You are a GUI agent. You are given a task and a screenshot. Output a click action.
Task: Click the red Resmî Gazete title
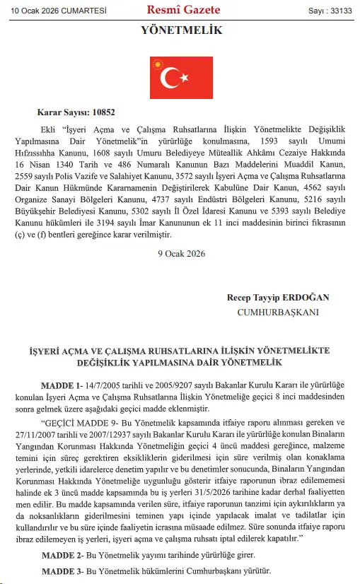183,10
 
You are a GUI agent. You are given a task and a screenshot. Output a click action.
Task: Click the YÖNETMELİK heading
182,30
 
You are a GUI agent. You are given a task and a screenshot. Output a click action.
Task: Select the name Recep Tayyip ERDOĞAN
278,298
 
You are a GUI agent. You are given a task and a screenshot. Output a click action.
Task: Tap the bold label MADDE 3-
62,571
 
